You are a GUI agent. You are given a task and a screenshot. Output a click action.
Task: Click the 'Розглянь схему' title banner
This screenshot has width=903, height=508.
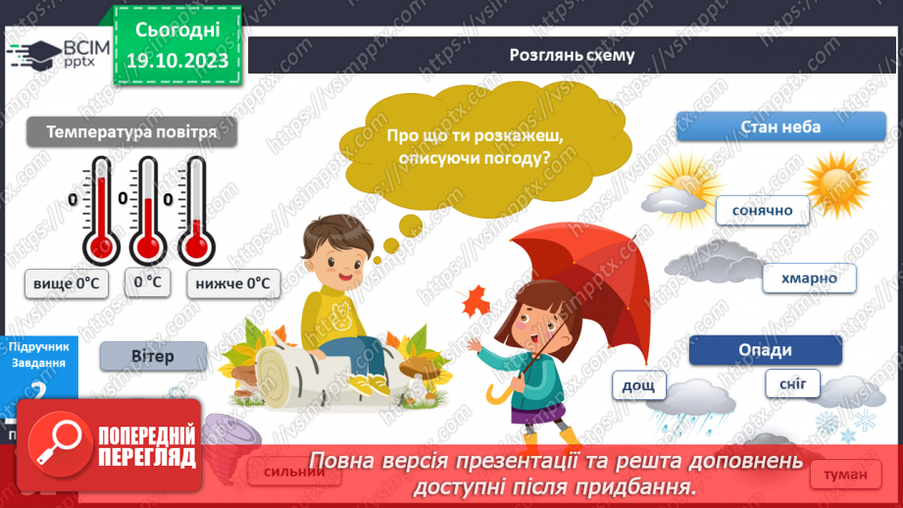[572, 55]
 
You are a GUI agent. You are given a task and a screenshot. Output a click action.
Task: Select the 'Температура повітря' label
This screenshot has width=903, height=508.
[130, 132]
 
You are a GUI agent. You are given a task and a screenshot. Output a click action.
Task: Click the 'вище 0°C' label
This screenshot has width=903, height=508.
[67, 283]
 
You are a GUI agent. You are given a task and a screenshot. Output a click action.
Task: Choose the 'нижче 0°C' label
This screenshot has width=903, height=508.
[231, 283]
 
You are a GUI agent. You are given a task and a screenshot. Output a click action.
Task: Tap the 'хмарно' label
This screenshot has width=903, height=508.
[809, 279]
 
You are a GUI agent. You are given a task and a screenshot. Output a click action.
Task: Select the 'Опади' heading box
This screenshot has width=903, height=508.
[765, 350]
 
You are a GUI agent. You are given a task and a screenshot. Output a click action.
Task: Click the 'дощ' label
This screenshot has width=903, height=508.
[639, 385]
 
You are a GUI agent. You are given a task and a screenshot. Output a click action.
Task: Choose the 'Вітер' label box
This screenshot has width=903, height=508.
[152, 356]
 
